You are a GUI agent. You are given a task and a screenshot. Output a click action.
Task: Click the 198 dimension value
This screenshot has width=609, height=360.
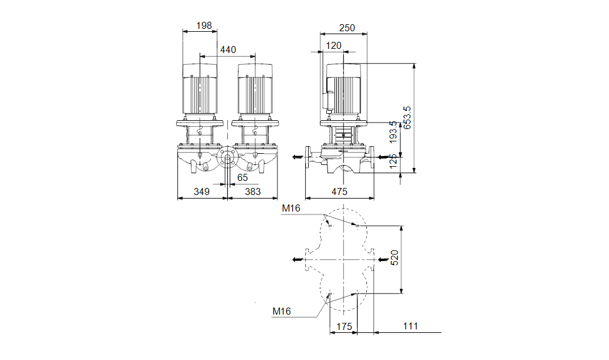(204, 26)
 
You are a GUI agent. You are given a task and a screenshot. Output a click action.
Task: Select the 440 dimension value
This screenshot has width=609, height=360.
(228, 49)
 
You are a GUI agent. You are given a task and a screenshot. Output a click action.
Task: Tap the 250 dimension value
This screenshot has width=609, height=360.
(347, 28)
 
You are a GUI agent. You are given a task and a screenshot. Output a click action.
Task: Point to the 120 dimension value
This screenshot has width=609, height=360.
(333, 46)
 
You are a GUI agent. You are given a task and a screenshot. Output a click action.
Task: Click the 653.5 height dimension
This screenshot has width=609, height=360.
(406, 118)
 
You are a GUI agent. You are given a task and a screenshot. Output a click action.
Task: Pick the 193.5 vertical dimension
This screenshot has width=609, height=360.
(393, 131)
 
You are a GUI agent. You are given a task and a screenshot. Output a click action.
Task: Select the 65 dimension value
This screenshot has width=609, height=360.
(242, 177)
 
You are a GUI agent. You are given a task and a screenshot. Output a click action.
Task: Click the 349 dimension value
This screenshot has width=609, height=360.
(201, 191)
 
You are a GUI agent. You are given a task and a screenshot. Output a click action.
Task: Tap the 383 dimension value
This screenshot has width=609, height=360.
(253, 191)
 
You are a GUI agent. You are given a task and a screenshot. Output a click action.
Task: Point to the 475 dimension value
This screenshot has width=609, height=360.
(339, 191)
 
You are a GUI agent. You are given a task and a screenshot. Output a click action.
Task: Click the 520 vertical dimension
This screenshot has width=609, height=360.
(394, 258)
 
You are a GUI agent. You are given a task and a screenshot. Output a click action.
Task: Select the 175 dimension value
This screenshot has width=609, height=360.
(344, 326)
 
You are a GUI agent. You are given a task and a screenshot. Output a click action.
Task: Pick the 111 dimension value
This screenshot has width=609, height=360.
(410, 326)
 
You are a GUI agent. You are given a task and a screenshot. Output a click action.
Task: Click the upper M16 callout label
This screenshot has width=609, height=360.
(291, 208)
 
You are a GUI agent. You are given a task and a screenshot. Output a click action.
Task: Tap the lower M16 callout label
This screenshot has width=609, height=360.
(282, 311)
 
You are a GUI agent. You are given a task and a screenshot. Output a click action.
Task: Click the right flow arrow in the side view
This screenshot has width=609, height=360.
(383, 157)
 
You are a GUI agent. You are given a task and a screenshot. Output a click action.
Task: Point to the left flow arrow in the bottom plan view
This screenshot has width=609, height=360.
(298, 259)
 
